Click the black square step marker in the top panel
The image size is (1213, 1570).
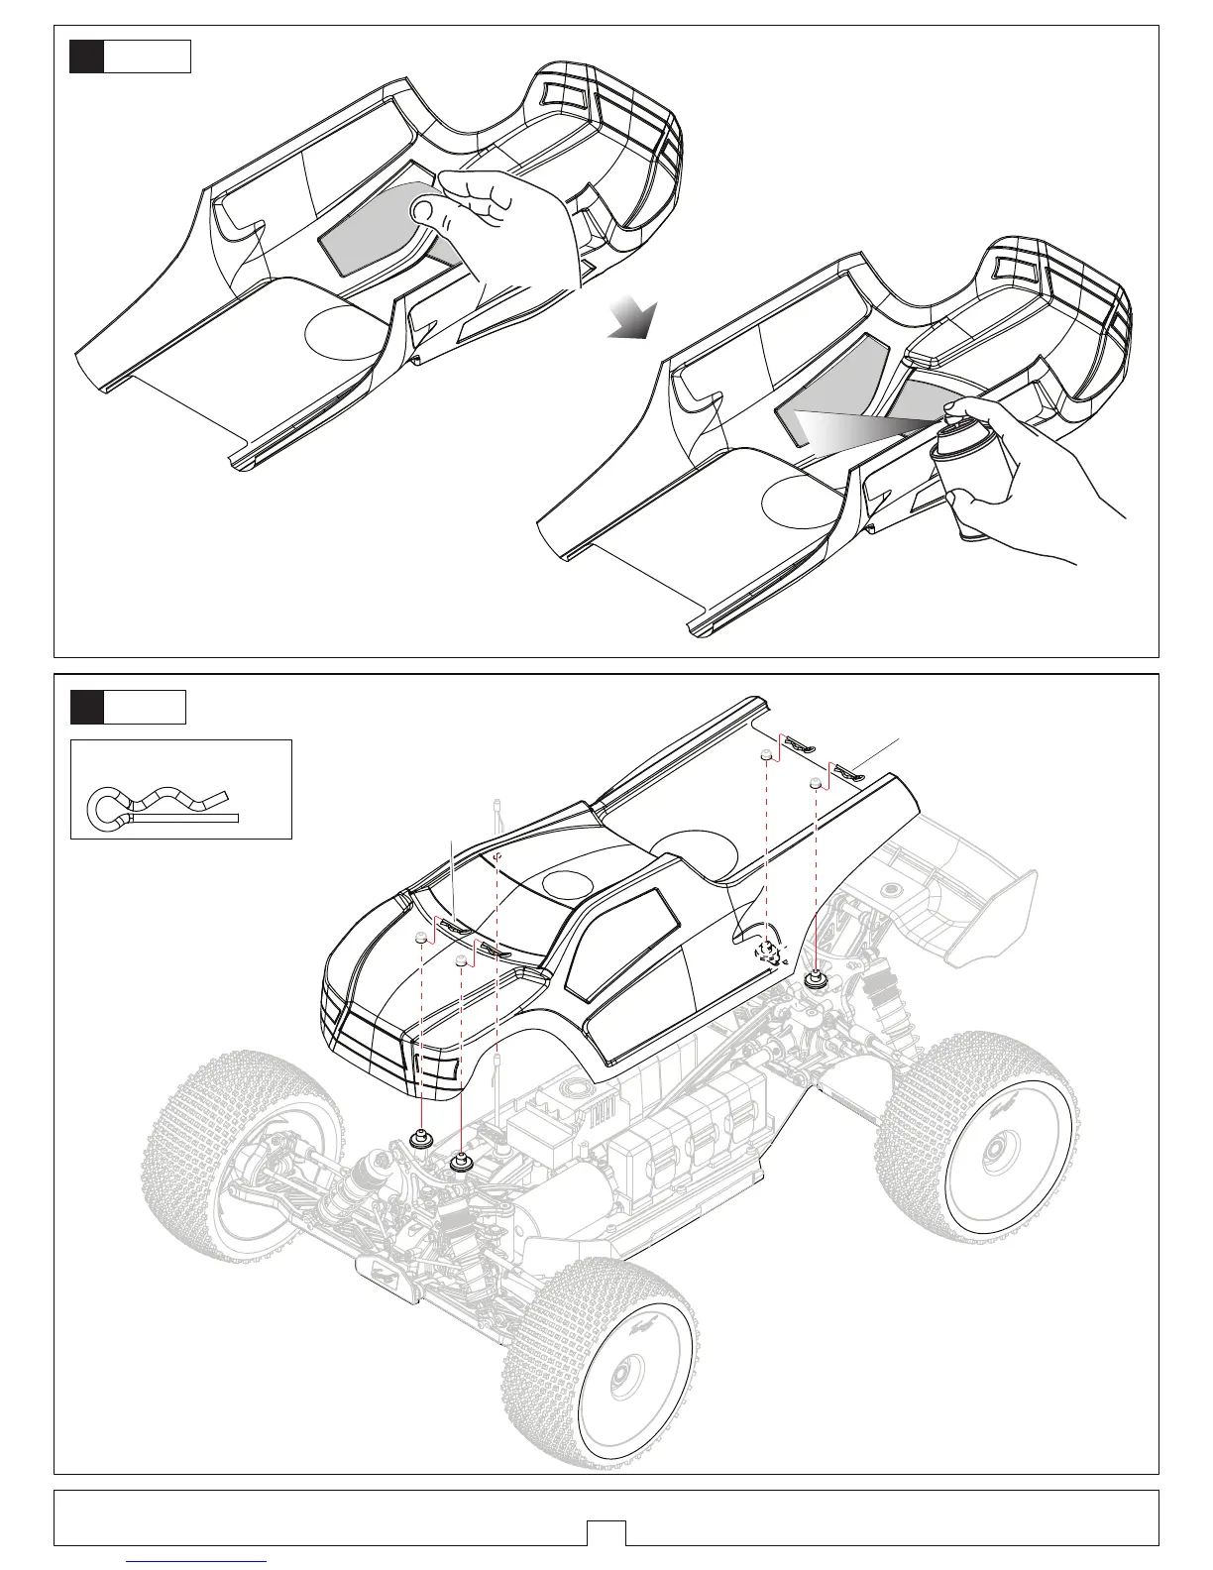tap(86, 56)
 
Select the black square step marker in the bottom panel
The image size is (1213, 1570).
tap(86, 707)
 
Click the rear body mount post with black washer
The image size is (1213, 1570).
tap(817, 979)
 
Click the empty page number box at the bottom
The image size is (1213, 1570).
tap(606, 1532)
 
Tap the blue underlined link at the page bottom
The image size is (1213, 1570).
tap(197, 1563)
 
